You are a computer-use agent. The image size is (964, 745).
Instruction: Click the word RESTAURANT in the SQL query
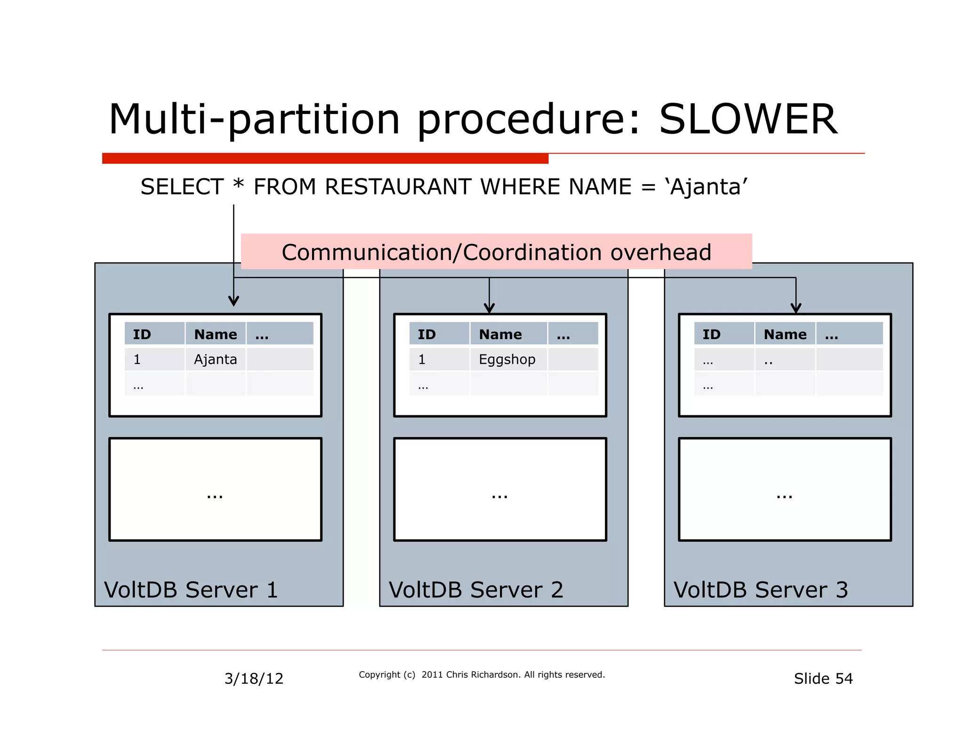[398, 187]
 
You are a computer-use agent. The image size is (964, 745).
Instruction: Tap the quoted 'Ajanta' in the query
[706, 187]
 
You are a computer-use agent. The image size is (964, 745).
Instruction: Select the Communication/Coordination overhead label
[496, 252]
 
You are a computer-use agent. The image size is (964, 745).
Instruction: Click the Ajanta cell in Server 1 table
[215, 359]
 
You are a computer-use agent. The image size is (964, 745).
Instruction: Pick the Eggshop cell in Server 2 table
[507, 359]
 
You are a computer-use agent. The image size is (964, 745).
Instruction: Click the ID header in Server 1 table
[142, 334]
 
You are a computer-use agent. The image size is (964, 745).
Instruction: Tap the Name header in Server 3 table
[785, 334]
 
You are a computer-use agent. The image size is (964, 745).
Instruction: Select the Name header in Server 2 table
[500, 334]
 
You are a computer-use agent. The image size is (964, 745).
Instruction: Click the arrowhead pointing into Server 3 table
[795, 309]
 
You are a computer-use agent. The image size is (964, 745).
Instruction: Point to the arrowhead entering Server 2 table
[489, 309]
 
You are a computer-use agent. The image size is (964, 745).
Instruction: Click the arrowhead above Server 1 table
[233, 301]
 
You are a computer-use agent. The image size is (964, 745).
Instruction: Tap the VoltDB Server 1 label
[191, 590]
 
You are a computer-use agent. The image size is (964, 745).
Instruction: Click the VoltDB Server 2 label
[475, 590]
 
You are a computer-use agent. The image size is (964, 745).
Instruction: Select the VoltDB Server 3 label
[760, 590]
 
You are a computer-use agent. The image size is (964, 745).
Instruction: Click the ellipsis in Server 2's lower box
[499, 496]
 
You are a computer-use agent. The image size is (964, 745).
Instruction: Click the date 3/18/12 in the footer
[254, 679]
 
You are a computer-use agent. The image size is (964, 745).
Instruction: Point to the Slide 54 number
[823, 679]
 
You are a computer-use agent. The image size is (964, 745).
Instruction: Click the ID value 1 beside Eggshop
[422, 359]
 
